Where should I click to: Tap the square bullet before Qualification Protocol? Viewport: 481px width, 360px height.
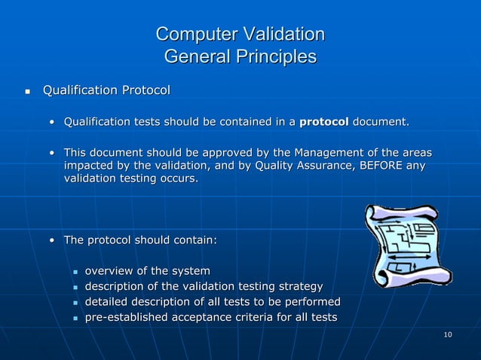click(28, 92)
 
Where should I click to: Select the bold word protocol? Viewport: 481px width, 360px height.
click(324, 121)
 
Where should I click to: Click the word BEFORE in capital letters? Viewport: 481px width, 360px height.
click(375, 166)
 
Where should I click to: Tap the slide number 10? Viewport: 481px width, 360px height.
click(448, 334)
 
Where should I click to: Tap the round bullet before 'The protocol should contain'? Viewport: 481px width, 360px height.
click(52, 241)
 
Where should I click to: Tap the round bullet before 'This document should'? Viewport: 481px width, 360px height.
click(52, 153)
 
